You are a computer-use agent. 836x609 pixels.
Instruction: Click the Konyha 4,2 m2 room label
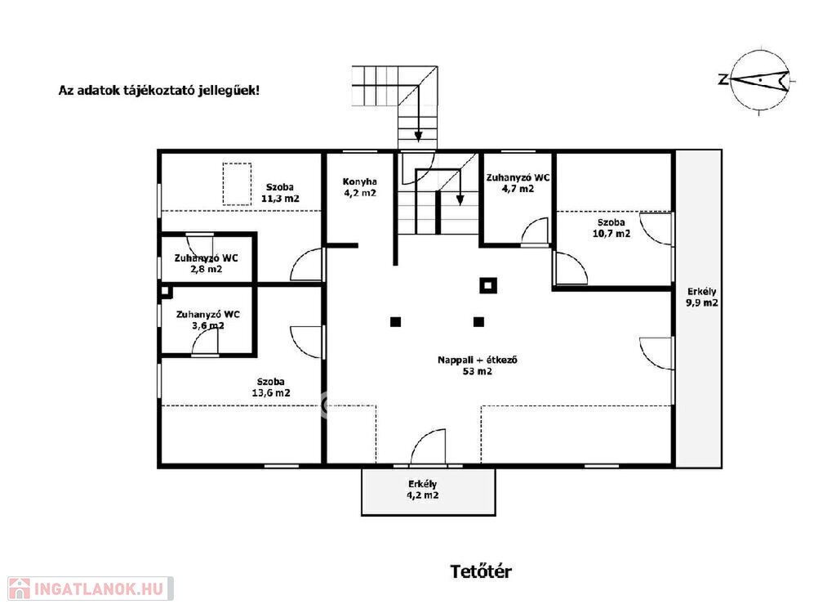360,187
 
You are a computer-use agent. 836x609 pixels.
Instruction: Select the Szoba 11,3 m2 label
280,193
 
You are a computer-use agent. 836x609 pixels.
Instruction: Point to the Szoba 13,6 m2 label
271,387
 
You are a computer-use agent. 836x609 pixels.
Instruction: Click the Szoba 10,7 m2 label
611,228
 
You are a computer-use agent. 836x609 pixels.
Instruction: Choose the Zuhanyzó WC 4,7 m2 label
518,183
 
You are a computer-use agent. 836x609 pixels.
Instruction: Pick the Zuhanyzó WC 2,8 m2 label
207,263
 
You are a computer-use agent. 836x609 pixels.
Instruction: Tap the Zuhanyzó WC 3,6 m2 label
208,320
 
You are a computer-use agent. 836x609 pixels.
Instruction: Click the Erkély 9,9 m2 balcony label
701,298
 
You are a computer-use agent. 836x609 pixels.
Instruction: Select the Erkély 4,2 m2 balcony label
423,490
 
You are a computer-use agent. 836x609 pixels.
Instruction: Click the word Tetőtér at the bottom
481,571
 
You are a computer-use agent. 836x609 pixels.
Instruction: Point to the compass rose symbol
759,80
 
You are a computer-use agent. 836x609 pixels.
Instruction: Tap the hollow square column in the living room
488,285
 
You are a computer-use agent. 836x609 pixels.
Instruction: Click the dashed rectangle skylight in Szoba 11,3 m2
237,184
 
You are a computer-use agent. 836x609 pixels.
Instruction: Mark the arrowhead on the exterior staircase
419,136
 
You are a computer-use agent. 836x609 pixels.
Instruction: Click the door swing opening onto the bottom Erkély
428,447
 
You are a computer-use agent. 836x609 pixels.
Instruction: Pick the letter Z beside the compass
723,80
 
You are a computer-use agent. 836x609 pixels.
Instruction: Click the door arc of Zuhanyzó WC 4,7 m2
534,231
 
